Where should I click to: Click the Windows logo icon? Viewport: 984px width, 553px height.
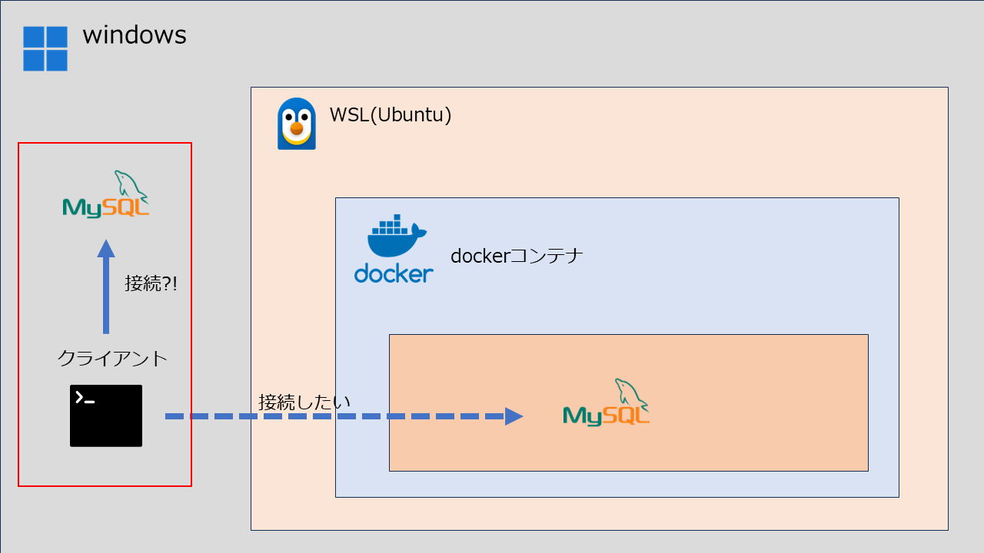(45, 48)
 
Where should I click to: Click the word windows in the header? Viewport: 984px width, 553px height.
(135, 35)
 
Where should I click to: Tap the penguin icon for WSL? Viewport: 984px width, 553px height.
(297, 124)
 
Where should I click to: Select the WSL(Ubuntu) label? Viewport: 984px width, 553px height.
(391, 115)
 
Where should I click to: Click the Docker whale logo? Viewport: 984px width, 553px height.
(395, 237)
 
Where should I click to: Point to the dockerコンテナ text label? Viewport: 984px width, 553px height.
(517, 256)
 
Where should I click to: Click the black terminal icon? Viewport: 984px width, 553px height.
(106, 416)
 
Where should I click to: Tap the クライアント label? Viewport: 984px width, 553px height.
(112, 359)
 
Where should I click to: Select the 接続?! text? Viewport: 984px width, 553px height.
(151, 283)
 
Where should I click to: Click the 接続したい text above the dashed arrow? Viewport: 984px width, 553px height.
(304, 402)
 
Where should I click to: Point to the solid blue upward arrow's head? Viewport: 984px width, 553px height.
(106, 248)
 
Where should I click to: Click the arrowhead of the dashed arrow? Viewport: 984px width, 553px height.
(514, 416)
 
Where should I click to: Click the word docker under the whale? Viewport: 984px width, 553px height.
(394, 273)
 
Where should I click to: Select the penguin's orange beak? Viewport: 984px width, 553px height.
(297, 129)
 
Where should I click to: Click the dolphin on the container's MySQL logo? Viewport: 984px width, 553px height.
(630, 392)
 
